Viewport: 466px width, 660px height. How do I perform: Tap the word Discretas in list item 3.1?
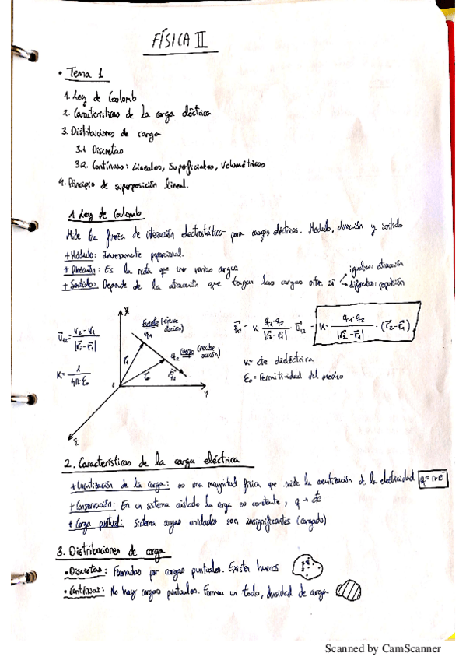click(x=106, y=149)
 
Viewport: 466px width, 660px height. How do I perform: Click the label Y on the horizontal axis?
click(x=206, y=395)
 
